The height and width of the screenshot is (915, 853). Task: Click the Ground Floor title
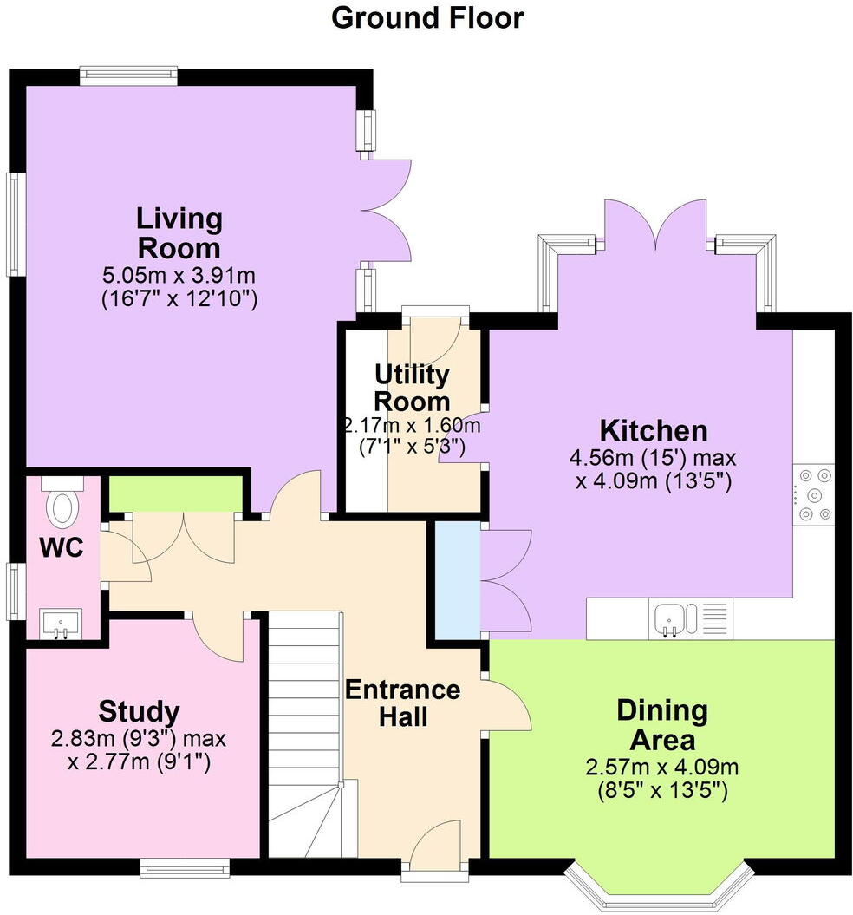tap(427, 17)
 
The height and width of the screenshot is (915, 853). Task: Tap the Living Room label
tap(180, 232)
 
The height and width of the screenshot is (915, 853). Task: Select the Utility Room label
tap(412, 388)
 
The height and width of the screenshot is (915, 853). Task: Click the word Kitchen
tap(654, 430)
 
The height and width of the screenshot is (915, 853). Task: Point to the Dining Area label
tap(661, 726)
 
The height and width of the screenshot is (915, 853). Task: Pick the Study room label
tap(139, 712)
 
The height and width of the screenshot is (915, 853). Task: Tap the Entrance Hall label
tap(402, 703)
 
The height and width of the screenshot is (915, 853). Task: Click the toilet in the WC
tap(62, 506)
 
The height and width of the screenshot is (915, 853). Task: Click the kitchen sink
tap(675, 619)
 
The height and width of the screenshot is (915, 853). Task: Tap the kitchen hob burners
tap(815, 495)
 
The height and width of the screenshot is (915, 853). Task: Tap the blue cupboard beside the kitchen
tap(457, 578)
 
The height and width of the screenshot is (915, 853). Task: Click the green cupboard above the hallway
tap(174, 494)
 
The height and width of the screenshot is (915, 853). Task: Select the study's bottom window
tap(186, 866)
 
